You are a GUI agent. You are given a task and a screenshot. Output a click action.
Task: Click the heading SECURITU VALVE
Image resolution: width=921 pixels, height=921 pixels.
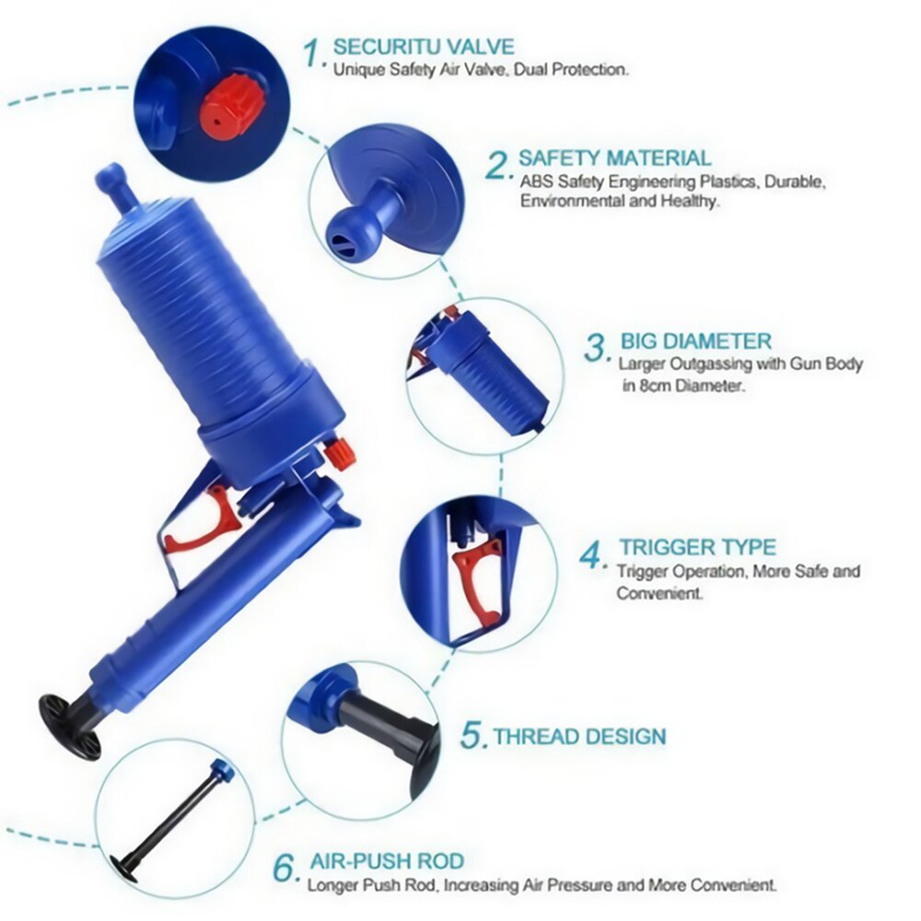pyautogui.click(x=424, y=46)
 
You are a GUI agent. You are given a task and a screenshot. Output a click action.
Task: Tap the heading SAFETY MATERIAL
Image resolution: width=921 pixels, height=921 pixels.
pyautogui.click(x=614, y=158)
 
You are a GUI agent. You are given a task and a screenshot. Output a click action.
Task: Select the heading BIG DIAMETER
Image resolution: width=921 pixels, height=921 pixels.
pyautogui.click(x=695, y=342)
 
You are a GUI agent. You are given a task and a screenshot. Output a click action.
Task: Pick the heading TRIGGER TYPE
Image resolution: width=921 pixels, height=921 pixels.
pyautogui.click(x=697, y=548)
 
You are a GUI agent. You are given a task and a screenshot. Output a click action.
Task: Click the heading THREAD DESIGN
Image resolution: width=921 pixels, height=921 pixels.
pyautogui.click(x=579, y=737)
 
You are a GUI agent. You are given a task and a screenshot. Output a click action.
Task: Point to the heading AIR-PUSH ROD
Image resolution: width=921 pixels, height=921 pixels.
pyautogui.click(x=386, y=862)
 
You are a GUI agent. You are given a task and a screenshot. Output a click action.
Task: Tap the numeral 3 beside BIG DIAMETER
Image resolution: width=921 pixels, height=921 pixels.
pyautogui.click(x=598, y=349)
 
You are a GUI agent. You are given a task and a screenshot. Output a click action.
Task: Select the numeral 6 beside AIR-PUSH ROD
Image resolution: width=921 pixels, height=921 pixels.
pyautogui.click(x=286, y=868)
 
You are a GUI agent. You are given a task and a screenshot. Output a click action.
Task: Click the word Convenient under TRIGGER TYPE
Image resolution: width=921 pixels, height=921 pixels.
pyautogui.click(x=659, y=594)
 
